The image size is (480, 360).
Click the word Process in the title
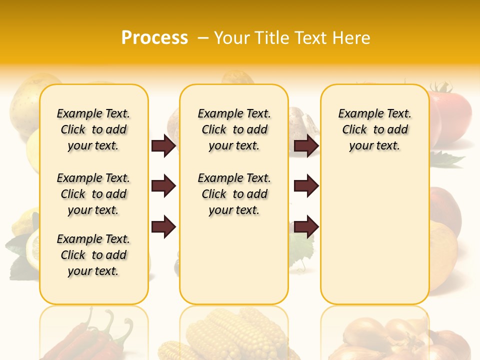[154, 38]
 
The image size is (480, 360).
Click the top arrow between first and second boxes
[163, 146]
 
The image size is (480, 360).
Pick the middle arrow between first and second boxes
[163, 186]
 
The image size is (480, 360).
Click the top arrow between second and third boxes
[306, 146]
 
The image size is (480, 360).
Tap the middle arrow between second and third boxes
[306, 186]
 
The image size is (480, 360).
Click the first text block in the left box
[93, 129]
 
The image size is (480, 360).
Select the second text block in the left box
[93, 194]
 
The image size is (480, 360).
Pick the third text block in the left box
[93, 255]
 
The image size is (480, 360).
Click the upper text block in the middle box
[234, 129]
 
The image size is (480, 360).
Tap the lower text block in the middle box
[234, 194]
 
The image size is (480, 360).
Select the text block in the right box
[375, 129]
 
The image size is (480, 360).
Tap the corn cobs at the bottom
[235, 335]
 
